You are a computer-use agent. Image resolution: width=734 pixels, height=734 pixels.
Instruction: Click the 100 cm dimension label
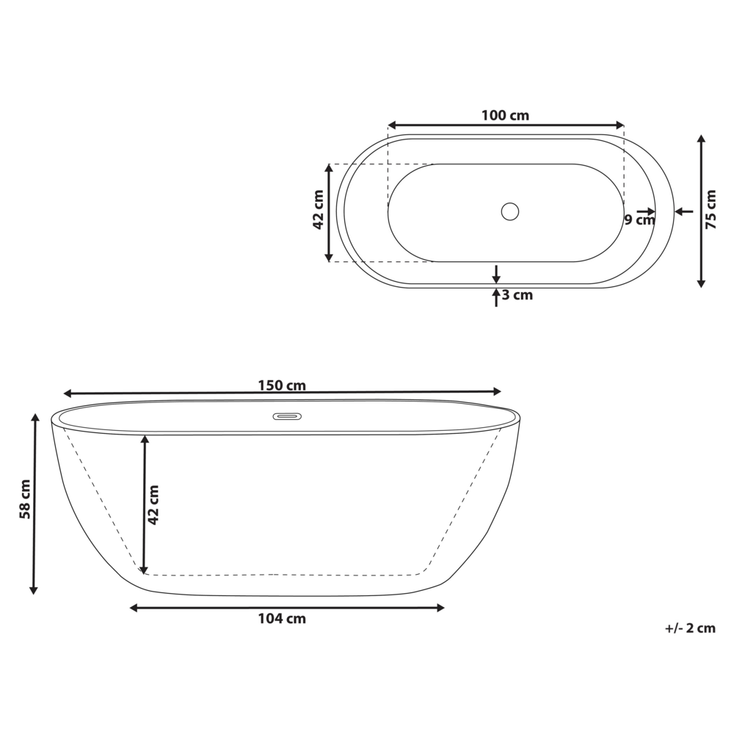tap(505, 115)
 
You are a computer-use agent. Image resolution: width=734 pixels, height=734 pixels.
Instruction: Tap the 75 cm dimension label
tap(710, 210)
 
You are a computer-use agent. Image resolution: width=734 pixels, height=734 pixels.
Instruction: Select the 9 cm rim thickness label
tap(639, 219)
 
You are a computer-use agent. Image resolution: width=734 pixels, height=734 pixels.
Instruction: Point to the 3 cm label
tap(517, 296)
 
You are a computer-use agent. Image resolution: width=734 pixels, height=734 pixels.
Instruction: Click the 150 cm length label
tap(282, 385)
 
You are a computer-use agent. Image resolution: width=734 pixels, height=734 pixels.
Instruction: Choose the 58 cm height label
tap(25, 499)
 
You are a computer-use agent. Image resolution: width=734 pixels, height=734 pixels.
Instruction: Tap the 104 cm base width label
tap(282, 619)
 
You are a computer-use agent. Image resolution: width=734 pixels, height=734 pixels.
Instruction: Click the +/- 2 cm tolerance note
tap(689, 628)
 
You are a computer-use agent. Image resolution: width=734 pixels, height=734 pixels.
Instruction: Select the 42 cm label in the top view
tap(319, 210)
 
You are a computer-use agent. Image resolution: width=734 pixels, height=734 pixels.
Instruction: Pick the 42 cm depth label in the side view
tap(153, 505)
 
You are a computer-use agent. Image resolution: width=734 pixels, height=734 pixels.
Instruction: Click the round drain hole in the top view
tap(509, 211)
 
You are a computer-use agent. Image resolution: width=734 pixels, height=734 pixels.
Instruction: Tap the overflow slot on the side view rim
tap(287, 417)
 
